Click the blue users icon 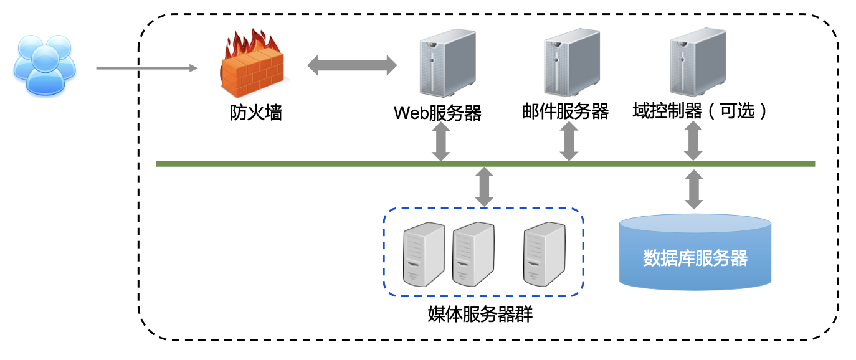[x=44, y=65]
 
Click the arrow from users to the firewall [x=146, y=67]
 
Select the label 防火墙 [x=255, y=113]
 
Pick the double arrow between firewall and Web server [x=352, y=65]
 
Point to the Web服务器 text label [x=437, y=113]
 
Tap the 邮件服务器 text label [x=565, y=111]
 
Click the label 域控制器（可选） [x=701, y=111]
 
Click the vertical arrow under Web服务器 [x=442, y=141]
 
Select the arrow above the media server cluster [x=484, y=186]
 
